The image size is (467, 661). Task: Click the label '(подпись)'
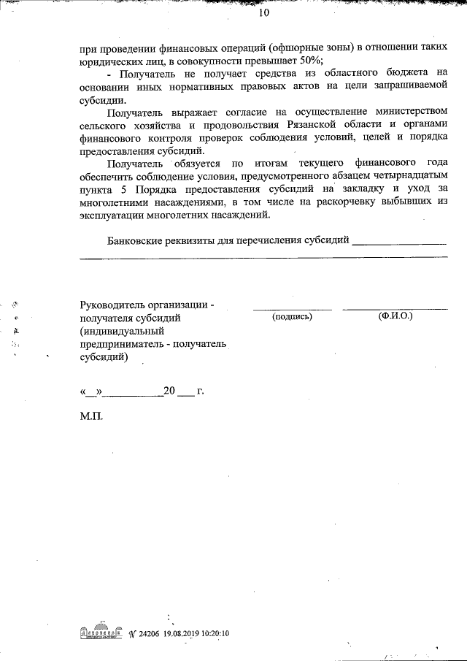coord(292,317)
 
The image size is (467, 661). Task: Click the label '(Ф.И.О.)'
coord(395,317)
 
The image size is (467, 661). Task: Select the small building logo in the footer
coord(101,633)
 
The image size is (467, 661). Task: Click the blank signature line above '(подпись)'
coord(292,309)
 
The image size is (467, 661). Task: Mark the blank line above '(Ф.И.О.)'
coord(395,309)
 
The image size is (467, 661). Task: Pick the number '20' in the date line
coord(169,391)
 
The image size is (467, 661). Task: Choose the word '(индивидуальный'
coord(123,331)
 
